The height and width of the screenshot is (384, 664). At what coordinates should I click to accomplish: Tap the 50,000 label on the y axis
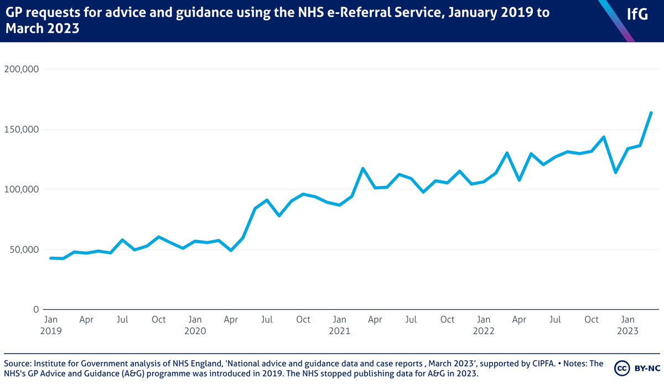pos(24,249)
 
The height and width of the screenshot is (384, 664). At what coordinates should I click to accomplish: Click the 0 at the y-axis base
pos(37,309)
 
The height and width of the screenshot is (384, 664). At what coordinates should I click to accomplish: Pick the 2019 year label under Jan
pos(51,331)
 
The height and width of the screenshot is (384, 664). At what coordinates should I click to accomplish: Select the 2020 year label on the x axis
pos(195,331)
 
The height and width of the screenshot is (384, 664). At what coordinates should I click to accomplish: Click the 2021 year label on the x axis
pos(340,331)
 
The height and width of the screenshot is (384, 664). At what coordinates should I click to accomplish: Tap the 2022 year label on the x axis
pos(484,331)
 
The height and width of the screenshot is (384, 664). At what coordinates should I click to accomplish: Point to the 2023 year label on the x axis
pos(629,331)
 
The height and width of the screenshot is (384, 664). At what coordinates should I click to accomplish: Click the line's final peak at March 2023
pos(651,112)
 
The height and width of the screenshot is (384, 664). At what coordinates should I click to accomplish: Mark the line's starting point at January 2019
pos(51,258)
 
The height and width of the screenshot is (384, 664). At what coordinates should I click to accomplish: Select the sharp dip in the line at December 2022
pos(615,172)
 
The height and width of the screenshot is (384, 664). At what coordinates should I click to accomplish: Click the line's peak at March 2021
pos(364,168)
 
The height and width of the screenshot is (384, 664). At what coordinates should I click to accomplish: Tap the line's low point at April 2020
pos(231,250)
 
